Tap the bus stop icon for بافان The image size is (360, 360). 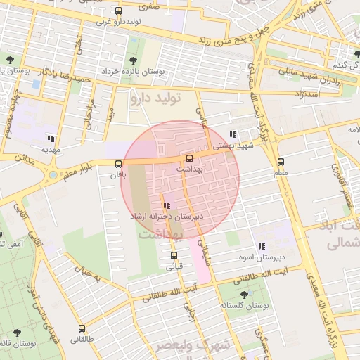pyautogui.click(x=118, y=164)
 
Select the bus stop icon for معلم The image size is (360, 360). pyautogui.click(x=281, y=162)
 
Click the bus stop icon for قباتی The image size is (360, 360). pyautogui.click(x=174, y=255)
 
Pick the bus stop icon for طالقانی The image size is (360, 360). pyautogui.click(x=82, y=328)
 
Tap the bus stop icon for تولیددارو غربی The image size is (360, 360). pyautogui.click(x=117, y=11)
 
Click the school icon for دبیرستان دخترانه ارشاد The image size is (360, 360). pyautogui.click(x=167, y=205)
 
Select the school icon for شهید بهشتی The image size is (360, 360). pyautogui.click(x=233, y=134)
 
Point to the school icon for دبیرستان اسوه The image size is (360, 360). pyautogui.click(x=261, y=246)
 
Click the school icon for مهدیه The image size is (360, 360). pyautogui.click(x=50, y=139)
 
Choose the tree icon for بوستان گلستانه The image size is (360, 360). pyautogui.click(x=244, y=295)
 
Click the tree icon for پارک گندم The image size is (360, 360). pyautogui.click(x=356, y=54)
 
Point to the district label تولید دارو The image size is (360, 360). pyautogui.click(x=155, y=98)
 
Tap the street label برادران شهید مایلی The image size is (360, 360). pyautogui.click(x=307, y=75)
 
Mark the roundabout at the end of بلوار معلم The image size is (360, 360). pyautogui.click(x=52, y=174)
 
